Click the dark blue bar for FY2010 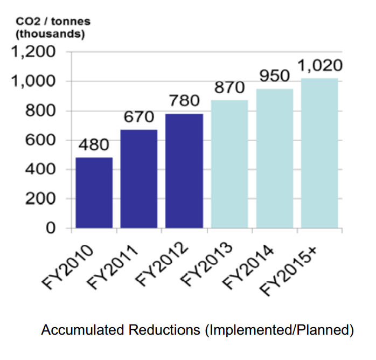[94, 193]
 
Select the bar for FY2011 [139, 179]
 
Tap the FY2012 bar [184, 171]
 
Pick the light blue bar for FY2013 [229, 164]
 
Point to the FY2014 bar [275, 158]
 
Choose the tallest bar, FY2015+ [319, 153]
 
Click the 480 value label [94, 146]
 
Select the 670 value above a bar [139, 117]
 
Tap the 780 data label [184, 101]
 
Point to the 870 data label [229, 88]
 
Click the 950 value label [275, 76]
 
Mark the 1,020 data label [319, 66]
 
